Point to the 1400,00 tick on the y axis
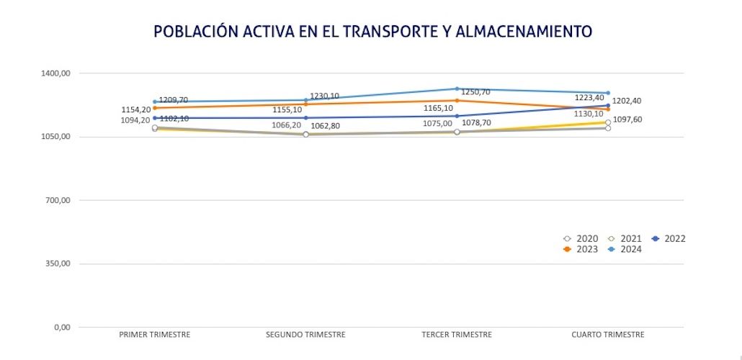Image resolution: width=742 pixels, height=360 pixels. (55, 73)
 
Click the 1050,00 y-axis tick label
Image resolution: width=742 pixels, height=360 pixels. (55, 137)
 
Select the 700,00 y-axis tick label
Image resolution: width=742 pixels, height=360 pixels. (57, 200)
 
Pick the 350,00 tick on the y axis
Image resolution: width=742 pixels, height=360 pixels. (57, 264)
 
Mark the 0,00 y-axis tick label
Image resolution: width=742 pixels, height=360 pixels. (61, 327)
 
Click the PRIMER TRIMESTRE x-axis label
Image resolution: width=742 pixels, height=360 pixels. (154, 335)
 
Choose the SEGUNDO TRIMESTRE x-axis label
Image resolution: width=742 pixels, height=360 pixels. (305, 335)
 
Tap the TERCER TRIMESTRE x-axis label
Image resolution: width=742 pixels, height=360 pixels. (457, 335)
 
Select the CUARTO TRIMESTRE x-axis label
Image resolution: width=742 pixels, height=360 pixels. (608, 335)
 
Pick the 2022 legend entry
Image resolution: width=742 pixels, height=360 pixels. (668, 238)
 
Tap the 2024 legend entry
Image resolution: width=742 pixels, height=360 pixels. (625, 249)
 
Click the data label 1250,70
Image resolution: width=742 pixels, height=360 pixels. (475, 92)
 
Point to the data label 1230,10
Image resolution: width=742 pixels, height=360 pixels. (324, 96)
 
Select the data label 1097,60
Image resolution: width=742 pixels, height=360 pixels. (627, 120)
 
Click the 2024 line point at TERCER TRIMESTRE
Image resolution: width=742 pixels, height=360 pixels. (457, 89)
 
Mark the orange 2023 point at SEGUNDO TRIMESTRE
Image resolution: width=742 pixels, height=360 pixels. (305, 104)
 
